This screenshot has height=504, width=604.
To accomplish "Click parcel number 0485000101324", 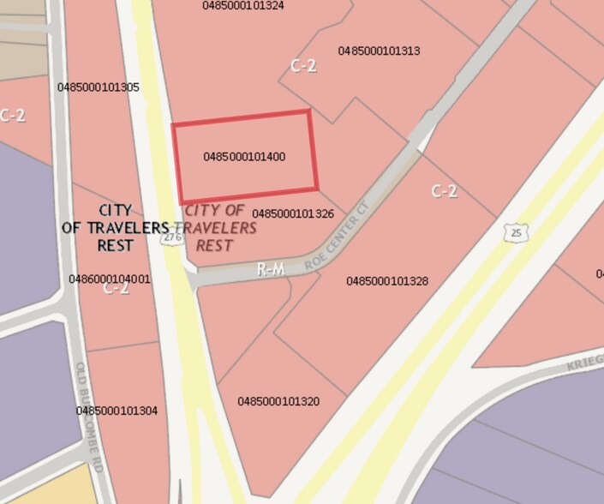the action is tap(243, 5).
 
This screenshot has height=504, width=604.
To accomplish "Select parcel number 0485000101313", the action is tap(379, 51).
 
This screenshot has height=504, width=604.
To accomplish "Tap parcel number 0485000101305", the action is tap(99, 87).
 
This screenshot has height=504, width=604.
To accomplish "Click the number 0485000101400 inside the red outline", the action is tap(244, 157).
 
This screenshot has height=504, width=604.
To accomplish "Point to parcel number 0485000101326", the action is tap(293, 213).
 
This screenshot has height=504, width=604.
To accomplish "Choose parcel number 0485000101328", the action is tap(387, 281).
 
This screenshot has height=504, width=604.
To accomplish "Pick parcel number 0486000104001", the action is tap(110, 279).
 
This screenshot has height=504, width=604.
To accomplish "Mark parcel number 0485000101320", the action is tap(278, 401).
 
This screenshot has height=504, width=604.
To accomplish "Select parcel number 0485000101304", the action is tap(117, 411).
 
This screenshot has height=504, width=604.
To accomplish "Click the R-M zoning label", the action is tap(271, 270).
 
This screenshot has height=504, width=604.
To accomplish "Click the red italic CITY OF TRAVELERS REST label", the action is tap(221, 227).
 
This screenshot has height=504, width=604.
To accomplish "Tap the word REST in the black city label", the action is tap(116, 245).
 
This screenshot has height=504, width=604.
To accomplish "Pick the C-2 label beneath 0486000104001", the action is tap(117, 289).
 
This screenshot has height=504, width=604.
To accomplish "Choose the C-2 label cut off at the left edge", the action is tap(12, 115).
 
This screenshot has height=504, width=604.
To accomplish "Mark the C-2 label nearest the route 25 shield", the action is tap(443, 190).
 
